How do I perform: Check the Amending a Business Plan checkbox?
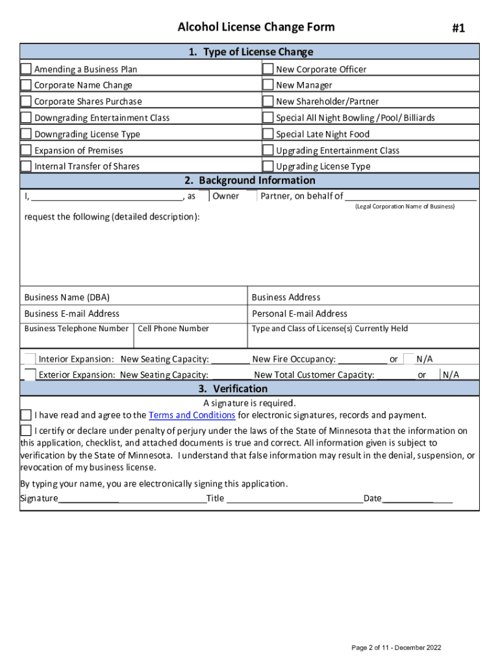[26, 69]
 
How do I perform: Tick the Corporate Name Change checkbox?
[26, 85]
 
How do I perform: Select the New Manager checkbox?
[268, 85]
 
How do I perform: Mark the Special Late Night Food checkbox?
[268, 134]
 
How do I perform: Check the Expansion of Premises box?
[26, 150]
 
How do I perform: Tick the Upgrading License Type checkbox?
[268, 166]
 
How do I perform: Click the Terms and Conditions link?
[192, 415]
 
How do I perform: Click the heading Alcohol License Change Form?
[256, 27]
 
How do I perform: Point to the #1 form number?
[458, 28]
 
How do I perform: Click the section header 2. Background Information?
[250, 181]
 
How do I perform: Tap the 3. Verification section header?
[250, 388]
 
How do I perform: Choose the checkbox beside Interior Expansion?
[29, 359]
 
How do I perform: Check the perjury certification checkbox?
[26, 431]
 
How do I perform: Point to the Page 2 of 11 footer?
[396, 647]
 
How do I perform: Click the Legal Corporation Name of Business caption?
[405, 207]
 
